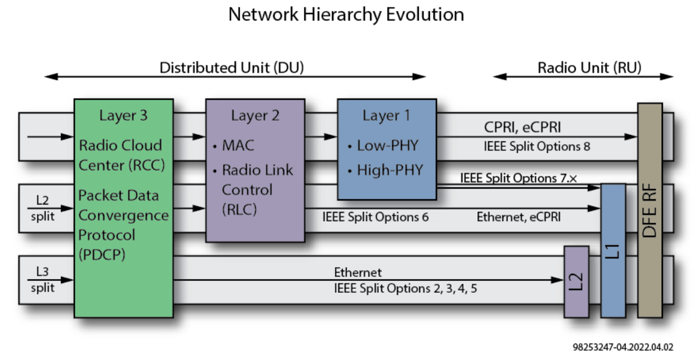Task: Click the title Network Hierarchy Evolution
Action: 346,14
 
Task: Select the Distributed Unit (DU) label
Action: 231,68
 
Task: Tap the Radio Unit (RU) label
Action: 589,68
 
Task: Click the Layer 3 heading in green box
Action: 123,116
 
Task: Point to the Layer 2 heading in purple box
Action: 255,116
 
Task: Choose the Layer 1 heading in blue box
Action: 386,116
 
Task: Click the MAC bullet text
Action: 238,145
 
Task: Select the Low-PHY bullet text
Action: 387,145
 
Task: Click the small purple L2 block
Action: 575,281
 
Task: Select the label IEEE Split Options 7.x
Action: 519,178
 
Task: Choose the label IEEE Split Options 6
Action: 375,217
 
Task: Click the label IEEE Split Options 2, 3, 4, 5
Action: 406,289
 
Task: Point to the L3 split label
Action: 43,280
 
